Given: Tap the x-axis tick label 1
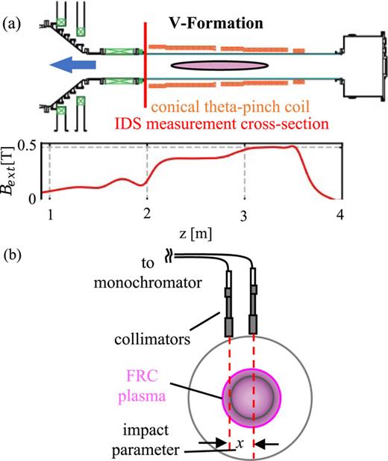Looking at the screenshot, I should click(50, 215).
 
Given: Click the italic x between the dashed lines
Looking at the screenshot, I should click(239, 443).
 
